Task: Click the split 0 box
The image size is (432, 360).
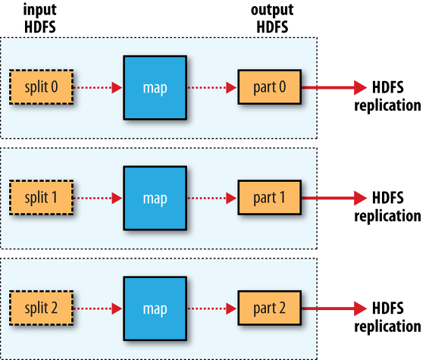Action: pyautogui.click(x=42, y=87)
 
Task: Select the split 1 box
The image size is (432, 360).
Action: pyautogui.click(x=42, y=198)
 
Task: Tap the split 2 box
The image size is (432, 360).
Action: pyautogui.click(x=42, y=308)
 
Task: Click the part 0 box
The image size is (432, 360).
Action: pyautogui.click(x=270, y=87)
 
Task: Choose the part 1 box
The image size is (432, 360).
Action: pyautogui.click(x=270, y=198)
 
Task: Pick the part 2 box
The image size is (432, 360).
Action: pyautogui.click(x=270, y=308)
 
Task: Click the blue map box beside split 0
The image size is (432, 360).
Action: pyautogui.click(x=155, y=88)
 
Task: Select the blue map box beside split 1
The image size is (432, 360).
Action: pyautogui.click(x=155, y=198)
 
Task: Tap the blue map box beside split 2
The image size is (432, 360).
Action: pyautogui.click(x=155, y=308)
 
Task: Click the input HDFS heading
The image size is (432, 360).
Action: pyautogui.click(x=40, y=18)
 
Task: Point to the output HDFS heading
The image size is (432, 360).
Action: pyautogui.click(x=272, y=18)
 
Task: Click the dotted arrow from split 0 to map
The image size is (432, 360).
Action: pyautogui.click(x=98, y=88)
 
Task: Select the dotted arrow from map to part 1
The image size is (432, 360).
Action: pyautogui.click(x=212, y=198)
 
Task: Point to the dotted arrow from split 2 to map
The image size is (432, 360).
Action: pyautogui.click(x=98, y=308)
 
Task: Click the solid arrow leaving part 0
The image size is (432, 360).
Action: pyautogui.click(x=334, y=88)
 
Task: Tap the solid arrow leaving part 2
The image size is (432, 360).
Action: pyautogui.click(x=334, y=308)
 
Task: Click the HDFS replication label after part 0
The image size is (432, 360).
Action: pyautogui.click(x=387, y=96)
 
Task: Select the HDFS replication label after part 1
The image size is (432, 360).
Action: pyautogui.click(x=387, y=207)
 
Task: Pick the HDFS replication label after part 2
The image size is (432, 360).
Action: pyautogui.click(x=387, y=317)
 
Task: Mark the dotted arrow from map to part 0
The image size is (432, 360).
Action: pyautogui.click(x=212, y=88)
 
